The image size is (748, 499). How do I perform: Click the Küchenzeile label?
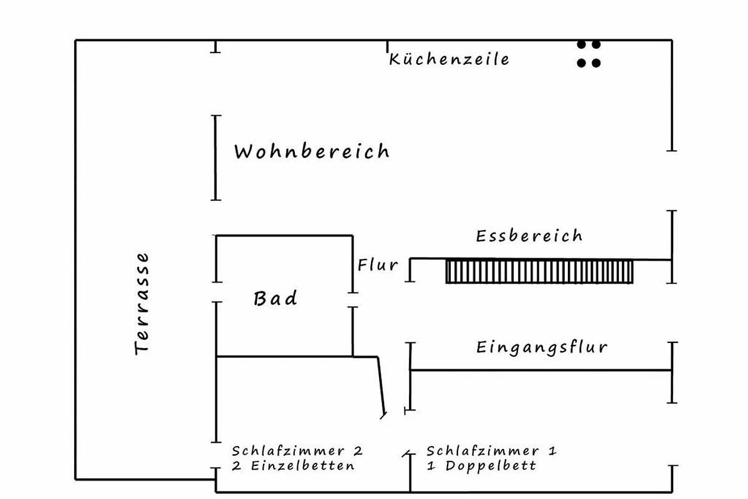point(449,59)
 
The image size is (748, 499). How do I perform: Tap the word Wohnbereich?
point(312,152)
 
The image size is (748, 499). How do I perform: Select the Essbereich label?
point(529,236)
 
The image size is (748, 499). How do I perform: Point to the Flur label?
point(378,264)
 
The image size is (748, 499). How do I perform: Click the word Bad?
point(275,299)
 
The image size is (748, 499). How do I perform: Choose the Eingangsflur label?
point(542,347)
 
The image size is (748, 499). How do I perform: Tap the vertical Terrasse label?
point(143,303)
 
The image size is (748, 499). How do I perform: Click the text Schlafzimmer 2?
point(297,450)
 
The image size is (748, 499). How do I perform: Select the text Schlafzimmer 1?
point(492,450)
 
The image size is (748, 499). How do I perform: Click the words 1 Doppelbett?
point(481,466)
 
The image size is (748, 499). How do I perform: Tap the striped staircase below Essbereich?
point(539,271)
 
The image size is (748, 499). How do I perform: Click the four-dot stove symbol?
point(588,54)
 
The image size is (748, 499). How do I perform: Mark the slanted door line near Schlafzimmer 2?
point(380,384)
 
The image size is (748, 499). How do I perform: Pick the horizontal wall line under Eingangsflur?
point(541,371)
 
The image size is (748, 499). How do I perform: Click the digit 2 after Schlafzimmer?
point(358,450)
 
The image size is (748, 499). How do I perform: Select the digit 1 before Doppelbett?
point(431,466)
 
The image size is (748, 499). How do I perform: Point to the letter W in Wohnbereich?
point(244,152)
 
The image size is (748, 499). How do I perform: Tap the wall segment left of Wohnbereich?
point(216,157)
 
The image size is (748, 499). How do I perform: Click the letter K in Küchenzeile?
point(395,60)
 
